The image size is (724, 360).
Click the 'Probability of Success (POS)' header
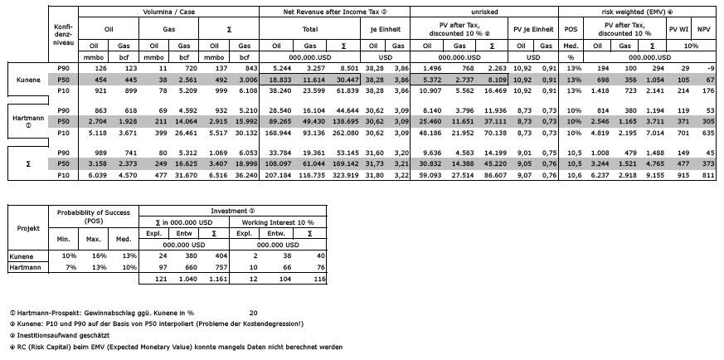[84, 216]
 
